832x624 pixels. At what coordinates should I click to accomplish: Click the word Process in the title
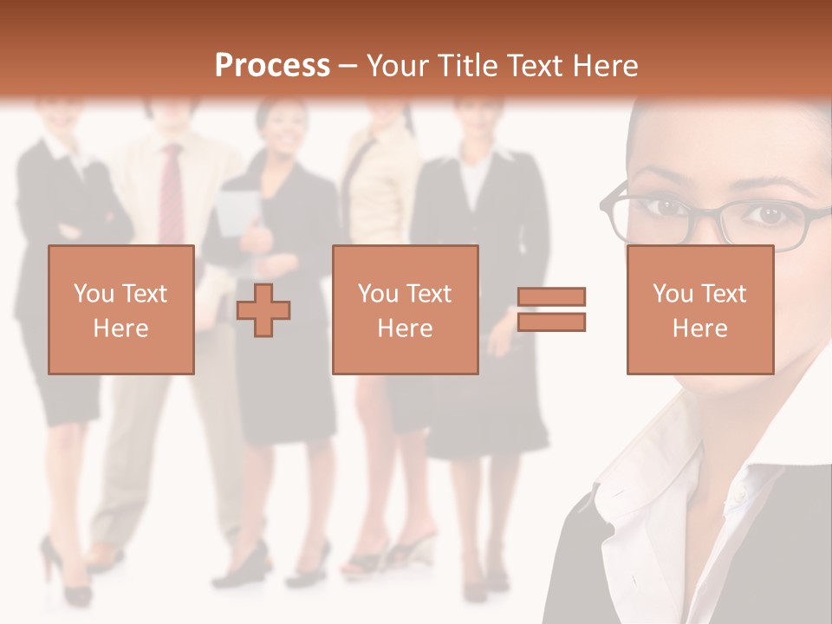pos(272,66)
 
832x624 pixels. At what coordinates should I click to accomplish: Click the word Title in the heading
pos(467,66)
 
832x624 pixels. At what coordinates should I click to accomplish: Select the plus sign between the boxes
pos(263,310)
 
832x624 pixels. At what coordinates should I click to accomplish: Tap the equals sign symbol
pos(551,309)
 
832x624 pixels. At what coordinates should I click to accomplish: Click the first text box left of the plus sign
pos(121,309)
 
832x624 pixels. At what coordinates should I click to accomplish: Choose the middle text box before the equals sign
pos(405,309)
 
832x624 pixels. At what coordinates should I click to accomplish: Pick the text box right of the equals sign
pos(699,309)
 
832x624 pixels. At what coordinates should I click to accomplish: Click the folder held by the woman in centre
pos(236,213)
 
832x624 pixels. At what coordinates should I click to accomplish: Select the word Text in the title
pos(533,66)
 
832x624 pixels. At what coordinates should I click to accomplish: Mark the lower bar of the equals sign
pos(551,322)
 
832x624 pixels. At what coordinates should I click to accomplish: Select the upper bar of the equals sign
pos(551,297)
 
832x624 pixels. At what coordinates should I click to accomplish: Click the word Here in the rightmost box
pos(699,328)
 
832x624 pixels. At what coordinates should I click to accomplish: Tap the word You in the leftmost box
pos(94,293)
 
